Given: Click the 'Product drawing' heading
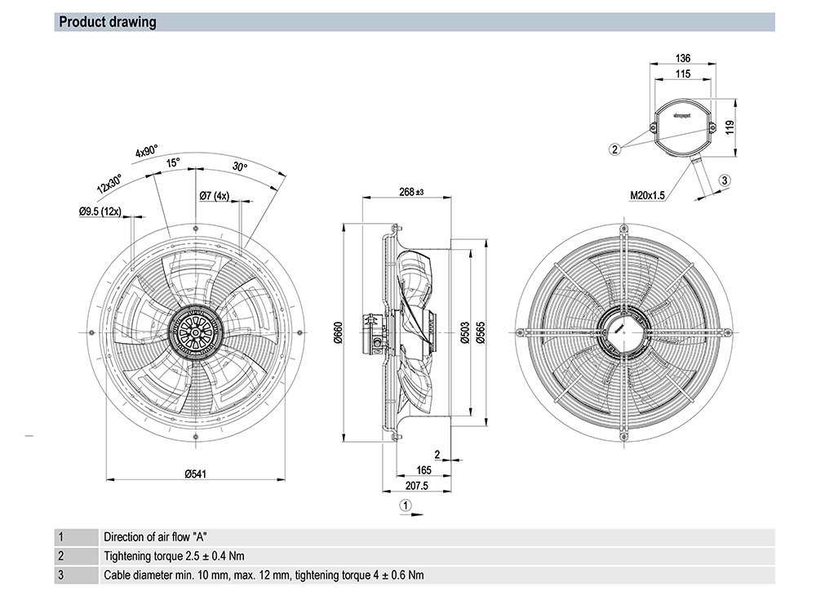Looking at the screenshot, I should [x=107, y=22].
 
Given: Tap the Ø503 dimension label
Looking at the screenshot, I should [x=464, y=335].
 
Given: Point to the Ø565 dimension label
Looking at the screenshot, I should [x=481, y=335].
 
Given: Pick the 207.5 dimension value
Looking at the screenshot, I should [x=416, y=487].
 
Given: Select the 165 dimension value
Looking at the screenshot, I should [x=424, y=470].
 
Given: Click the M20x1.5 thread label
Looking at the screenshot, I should [x=648, y=196].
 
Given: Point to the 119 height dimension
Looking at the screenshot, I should [x=731, y=127].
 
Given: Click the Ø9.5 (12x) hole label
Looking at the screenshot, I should [x=100, y=212].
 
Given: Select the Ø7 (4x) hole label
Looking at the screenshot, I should [x=214, y=196].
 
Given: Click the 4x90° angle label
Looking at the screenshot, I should [x=147, y=152].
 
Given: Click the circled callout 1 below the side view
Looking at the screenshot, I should [x=406, y=506].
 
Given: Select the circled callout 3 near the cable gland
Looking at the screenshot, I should [x=724, y=180].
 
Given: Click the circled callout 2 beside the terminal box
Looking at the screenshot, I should [x=615, y=149].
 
